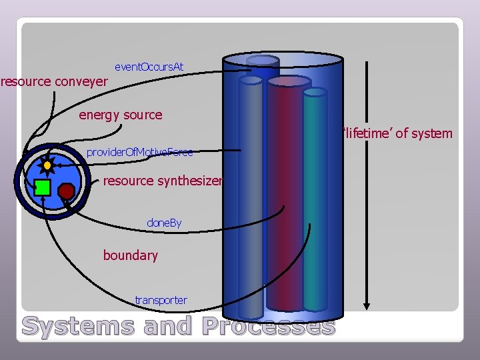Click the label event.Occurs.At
coord(149,67)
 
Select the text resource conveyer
coord(54,82)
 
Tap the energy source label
coord(120,115)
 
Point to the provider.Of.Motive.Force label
coord(139,153)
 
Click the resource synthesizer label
coord(162,181)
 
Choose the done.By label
coord(164,222)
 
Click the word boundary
coord(130,255)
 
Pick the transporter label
coord(161,300)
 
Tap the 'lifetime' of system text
coord(398,133)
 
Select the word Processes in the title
coord(267,327)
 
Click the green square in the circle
coord(43,187)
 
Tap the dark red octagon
coord(66,191)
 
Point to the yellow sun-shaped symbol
coord(47,165)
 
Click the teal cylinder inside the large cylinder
coord(315,200)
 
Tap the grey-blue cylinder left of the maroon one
coord(251,200)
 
